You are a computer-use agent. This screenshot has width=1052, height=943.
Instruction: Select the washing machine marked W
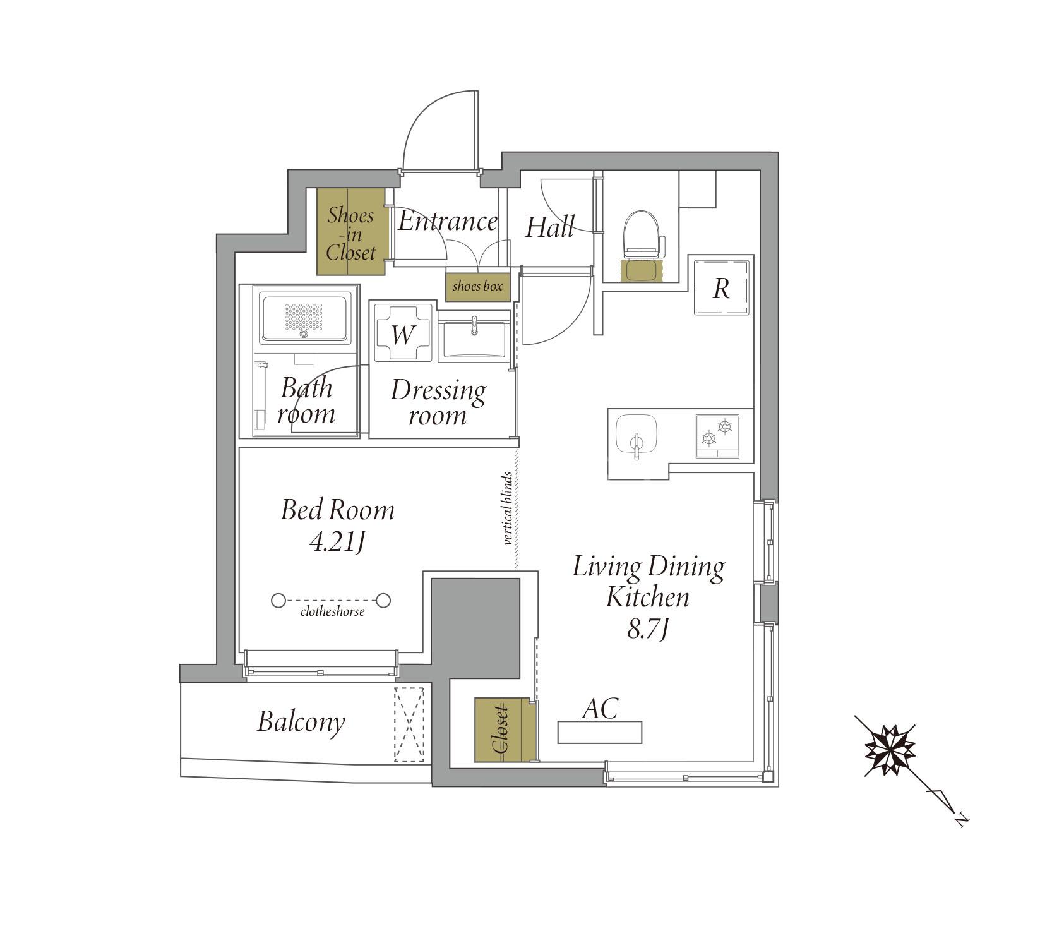point(402,333)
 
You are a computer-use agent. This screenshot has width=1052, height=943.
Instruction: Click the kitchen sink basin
point(637,434)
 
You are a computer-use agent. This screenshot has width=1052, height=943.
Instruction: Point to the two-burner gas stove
point(717,435)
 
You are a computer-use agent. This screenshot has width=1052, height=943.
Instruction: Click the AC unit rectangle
point(599,731)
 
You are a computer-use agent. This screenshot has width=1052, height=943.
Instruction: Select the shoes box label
point(477,286)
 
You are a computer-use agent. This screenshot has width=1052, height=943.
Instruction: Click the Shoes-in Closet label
point(351,234)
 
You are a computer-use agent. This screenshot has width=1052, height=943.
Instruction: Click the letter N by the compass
point(962,819)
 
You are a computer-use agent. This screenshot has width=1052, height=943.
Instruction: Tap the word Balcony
point(301,722)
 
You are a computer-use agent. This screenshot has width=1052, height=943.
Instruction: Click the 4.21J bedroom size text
point(336,543)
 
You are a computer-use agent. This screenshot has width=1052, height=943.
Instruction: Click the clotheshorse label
point(333,611)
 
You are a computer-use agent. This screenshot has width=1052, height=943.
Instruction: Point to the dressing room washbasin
point(474,340)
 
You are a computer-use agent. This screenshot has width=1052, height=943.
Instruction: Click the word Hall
point(550,227)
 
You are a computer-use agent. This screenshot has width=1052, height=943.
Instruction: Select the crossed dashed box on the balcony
point(409,725)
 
